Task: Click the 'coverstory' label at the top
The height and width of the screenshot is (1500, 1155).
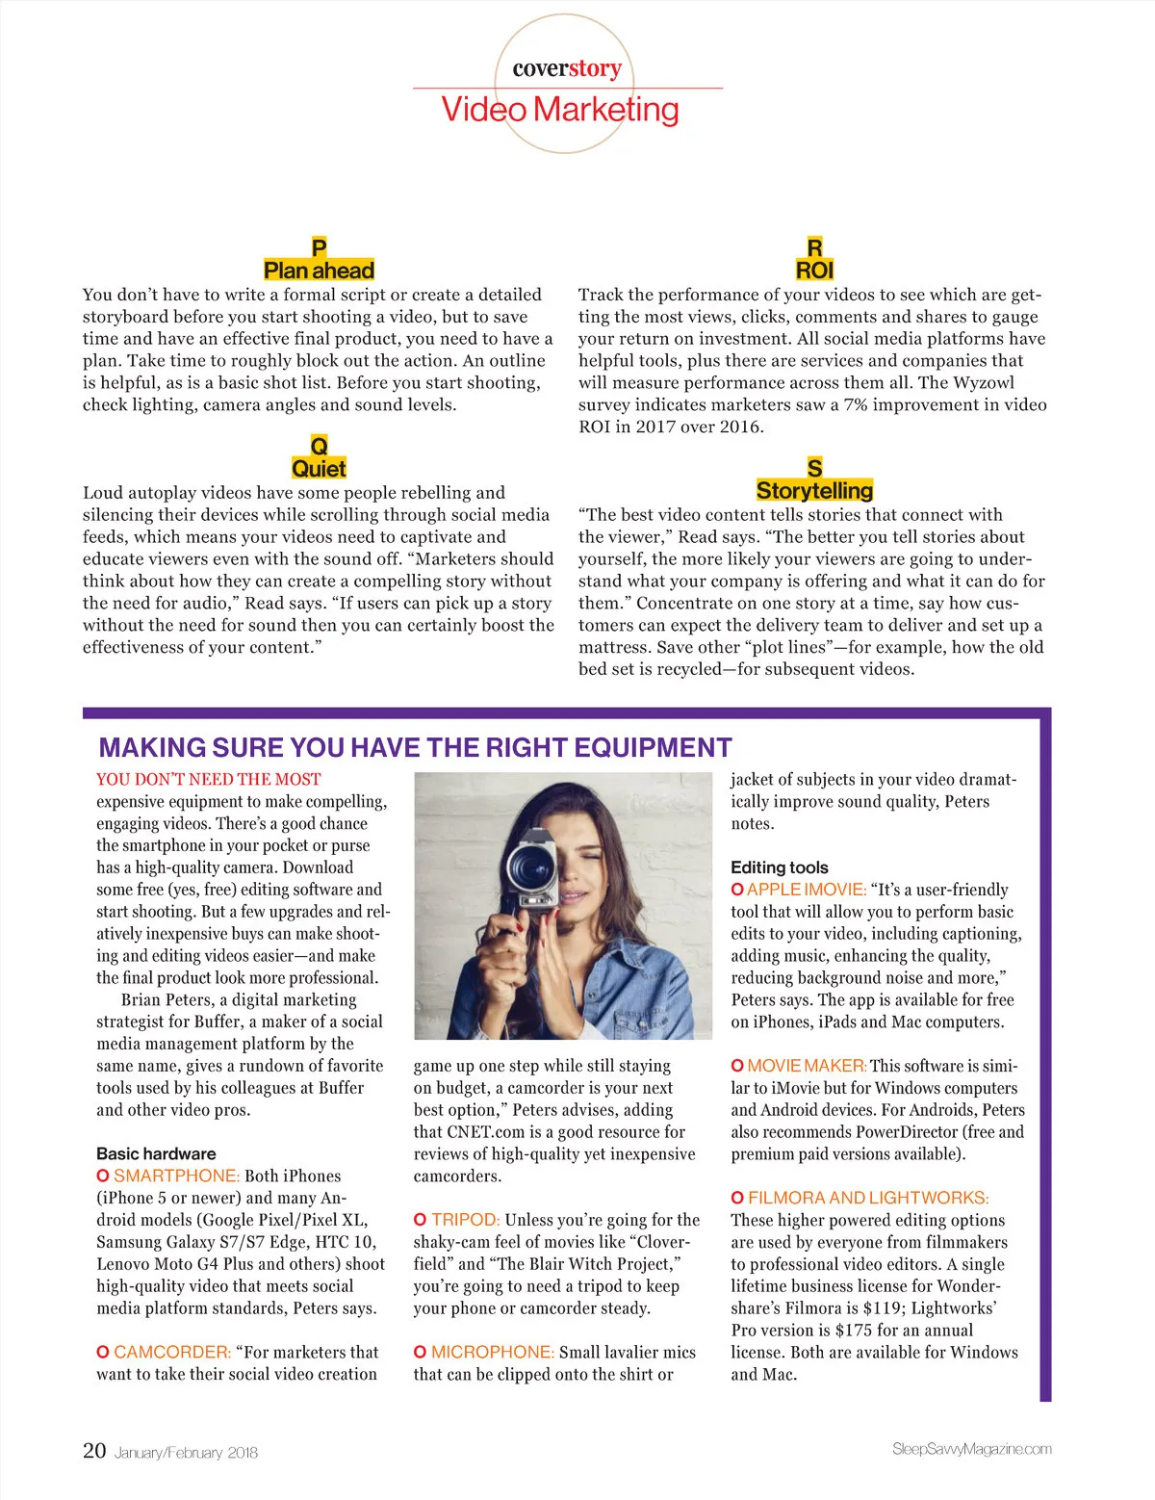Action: click(x=567, y=68)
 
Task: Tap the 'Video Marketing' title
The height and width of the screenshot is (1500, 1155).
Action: click(x=560, y=110)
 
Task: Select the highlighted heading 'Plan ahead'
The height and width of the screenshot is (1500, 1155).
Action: click(x=319, y=271)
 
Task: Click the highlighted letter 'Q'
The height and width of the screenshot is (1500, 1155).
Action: click(x=319, y=446)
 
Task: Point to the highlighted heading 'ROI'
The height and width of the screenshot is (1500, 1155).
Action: click(x=814, y=271)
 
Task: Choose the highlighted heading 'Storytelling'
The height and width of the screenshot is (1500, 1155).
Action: click(x=814, y=490)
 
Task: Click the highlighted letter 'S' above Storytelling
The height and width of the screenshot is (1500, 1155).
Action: click(x=814, y=468)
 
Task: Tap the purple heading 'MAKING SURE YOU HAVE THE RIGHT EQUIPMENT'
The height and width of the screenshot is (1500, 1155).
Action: click(x=415, y=748)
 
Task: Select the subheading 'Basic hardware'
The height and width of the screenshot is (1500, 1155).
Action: click(x=156, y=1153)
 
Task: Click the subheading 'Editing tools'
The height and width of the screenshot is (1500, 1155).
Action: click(x=779, y=867)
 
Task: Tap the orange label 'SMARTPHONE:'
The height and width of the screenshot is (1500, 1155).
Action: click(x=176, y=1176)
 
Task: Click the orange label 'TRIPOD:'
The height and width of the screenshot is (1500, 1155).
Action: click(x=465, y=1220)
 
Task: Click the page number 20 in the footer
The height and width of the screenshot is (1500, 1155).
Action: click(x=94, y=1451)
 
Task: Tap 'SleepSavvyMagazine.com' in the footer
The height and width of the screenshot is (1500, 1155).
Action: click(x=971, y=1449)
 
